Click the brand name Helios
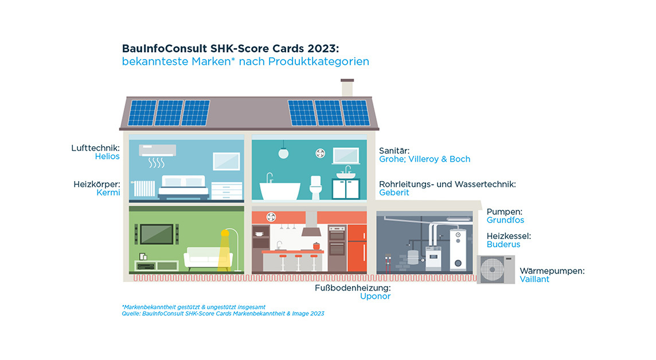107,156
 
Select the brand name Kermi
108,193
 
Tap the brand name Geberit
394,193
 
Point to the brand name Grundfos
505,220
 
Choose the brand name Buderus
503,245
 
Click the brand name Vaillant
534,279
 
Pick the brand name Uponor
375,296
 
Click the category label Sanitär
394,151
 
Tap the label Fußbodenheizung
353,288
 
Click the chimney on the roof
347,88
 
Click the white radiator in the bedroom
145,189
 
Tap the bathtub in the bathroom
280,191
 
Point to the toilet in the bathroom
315,187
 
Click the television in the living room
157,234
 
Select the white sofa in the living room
208,259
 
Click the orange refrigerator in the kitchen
357,248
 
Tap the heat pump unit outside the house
496,269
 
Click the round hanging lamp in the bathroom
283,153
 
